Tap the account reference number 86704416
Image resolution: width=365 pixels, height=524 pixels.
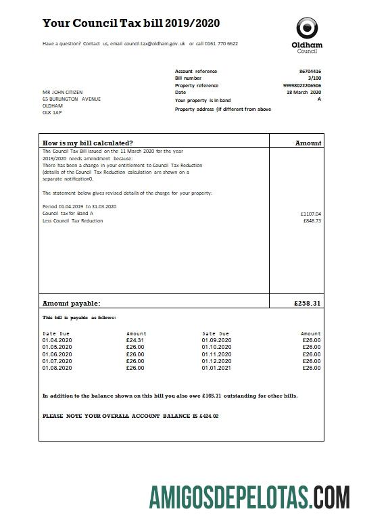click(x=310, y=71)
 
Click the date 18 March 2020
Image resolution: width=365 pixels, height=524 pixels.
click(x=304, y=93)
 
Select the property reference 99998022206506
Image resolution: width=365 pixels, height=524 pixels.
click(x=302, y=86)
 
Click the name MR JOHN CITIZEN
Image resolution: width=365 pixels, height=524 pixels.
click(x=64, y=92)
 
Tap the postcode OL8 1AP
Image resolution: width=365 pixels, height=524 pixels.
click(x=52, y=113)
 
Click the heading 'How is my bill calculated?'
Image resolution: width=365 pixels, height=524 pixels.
click(x=88, y=143)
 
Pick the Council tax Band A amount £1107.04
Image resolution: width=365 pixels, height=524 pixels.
click(x=311, y=214)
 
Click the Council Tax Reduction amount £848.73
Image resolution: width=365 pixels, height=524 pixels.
click(x=312, y=221)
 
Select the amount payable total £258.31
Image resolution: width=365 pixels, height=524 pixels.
click(x=308, y=304)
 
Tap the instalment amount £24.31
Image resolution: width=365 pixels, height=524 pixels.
click(x=135, y=340)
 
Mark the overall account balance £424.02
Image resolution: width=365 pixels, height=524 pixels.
click(x=208, y=416)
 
